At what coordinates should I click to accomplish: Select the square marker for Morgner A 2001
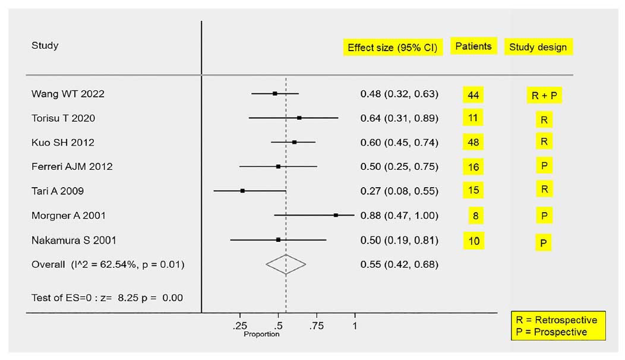(336, 215)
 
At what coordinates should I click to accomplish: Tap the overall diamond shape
(286, 264)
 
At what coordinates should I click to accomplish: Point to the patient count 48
(474, 143)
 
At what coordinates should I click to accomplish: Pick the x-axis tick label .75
(317, 326)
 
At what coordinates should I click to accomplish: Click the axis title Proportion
(261, 334)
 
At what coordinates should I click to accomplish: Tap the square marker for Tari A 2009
(242, 191)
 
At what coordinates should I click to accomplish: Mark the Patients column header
(474, 46)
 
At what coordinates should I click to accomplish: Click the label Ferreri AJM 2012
(72, 166)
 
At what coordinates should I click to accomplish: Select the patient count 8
(475, 216)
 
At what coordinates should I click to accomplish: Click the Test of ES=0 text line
(107, 298)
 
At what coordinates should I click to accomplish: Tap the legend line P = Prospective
(552, 332)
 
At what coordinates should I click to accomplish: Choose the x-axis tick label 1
(355, 326)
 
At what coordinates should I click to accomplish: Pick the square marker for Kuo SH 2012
(294, 142)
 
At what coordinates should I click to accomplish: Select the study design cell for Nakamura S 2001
(543, 242)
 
